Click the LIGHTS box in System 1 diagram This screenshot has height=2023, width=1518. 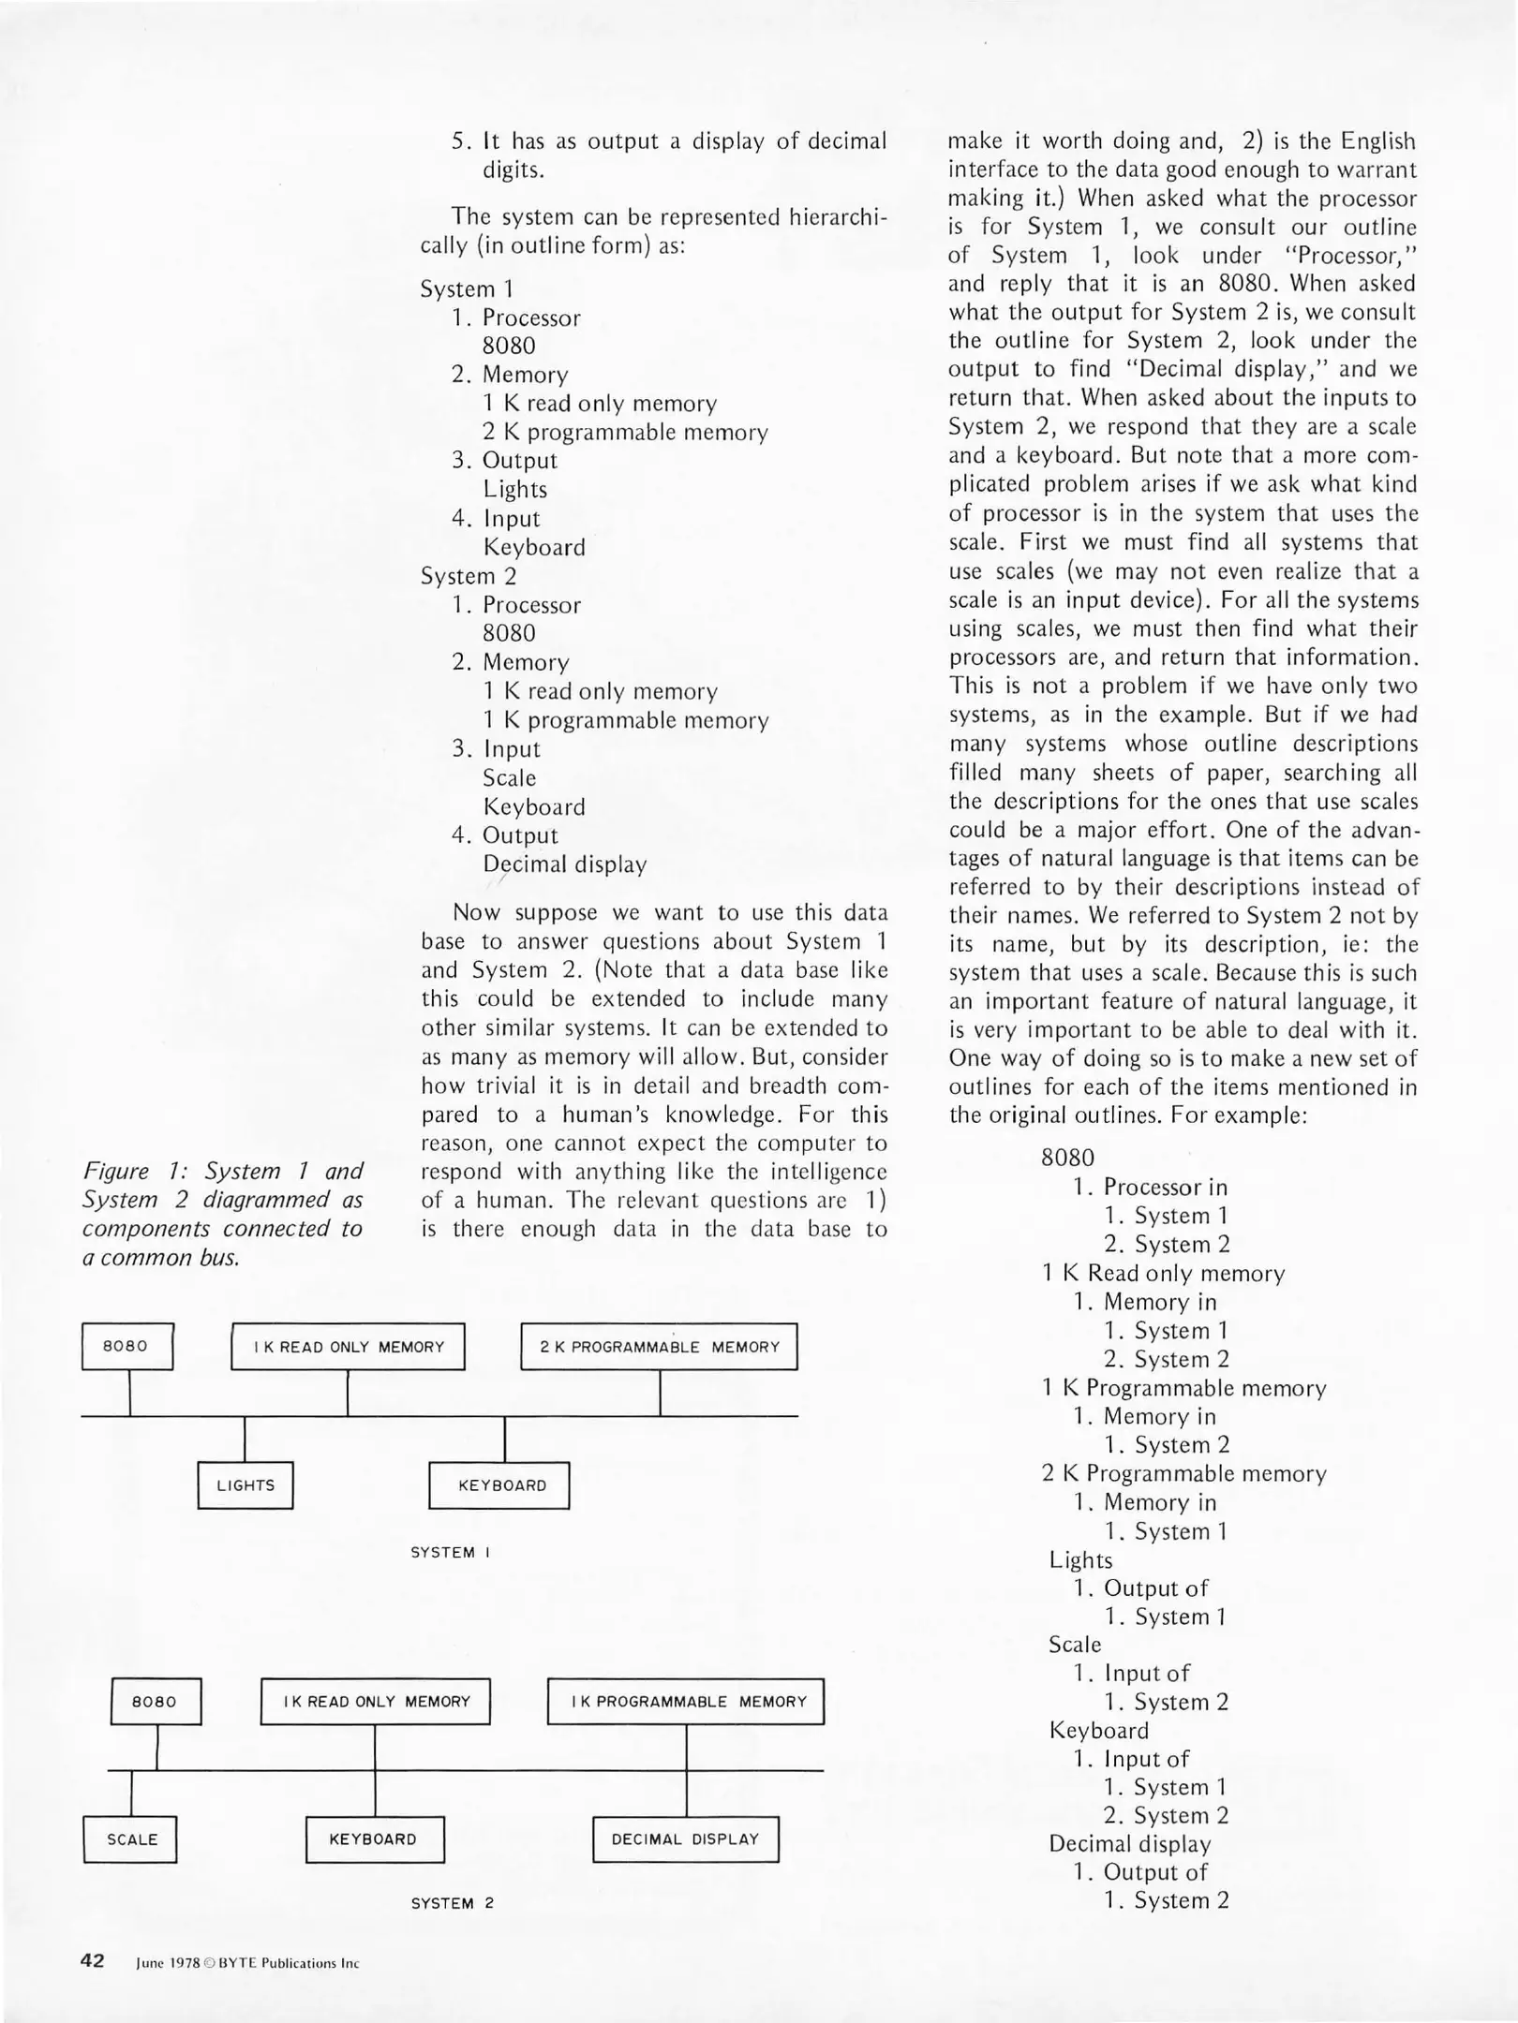pos(246,1485)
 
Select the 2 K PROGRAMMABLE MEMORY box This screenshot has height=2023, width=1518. pos(659,1347)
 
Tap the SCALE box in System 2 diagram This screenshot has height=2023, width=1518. pos(131,1839)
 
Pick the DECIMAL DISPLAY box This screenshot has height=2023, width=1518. pos(685,1839)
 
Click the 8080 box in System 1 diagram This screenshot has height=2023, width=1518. pos(126,1346)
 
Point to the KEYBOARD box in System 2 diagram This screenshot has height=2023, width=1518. pos(374,1839)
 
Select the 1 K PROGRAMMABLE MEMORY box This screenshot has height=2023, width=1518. pos(685,1702)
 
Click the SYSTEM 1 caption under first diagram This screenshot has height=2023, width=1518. pos(451,1553)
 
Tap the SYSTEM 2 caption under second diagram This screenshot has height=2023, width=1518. pos(452,1904)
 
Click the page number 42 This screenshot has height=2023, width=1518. pos(93,1961)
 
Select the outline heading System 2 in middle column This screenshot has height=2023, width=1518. pos(468,576)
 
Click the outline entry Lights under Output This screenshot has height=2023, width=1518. pos(514,490)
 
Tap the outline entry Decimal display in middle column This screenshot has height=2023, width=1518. pos(564,864)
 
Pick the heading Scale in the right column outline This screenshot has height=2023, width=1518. pos(1075,1645)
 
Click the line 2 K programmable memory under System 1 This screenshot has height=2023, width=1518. pos(625,433)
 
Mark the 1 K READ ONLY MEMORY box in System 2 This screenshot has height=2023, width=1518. pos(375,1702)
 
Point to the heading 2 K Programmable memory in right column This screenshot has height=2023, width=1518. pos(1183,1474)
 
